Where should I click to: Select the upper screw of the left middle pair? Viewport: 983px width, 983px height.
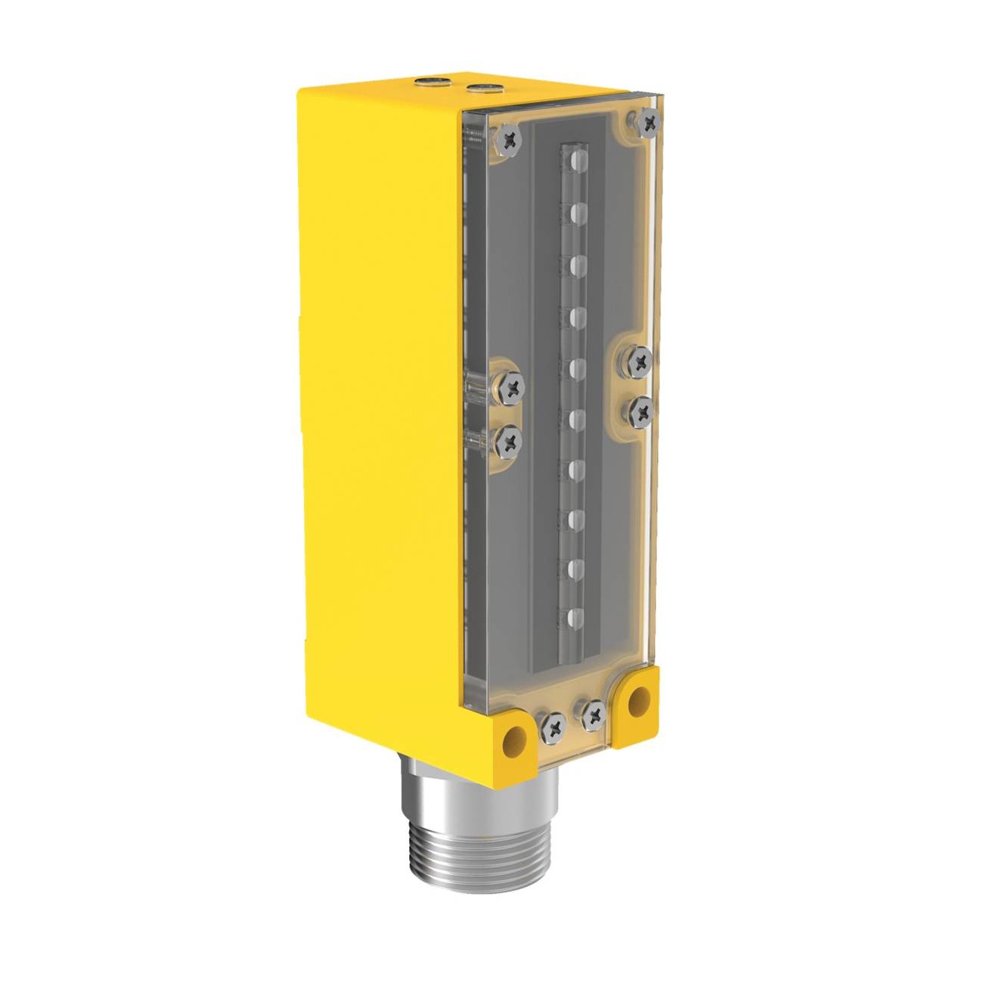(x=513, y=389)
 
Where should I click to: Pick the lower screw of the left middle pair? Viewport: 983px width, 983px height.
(x=510, y=440)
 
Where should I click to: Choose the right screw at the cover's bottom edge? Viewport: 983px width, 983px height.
(x=594, y=711)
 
